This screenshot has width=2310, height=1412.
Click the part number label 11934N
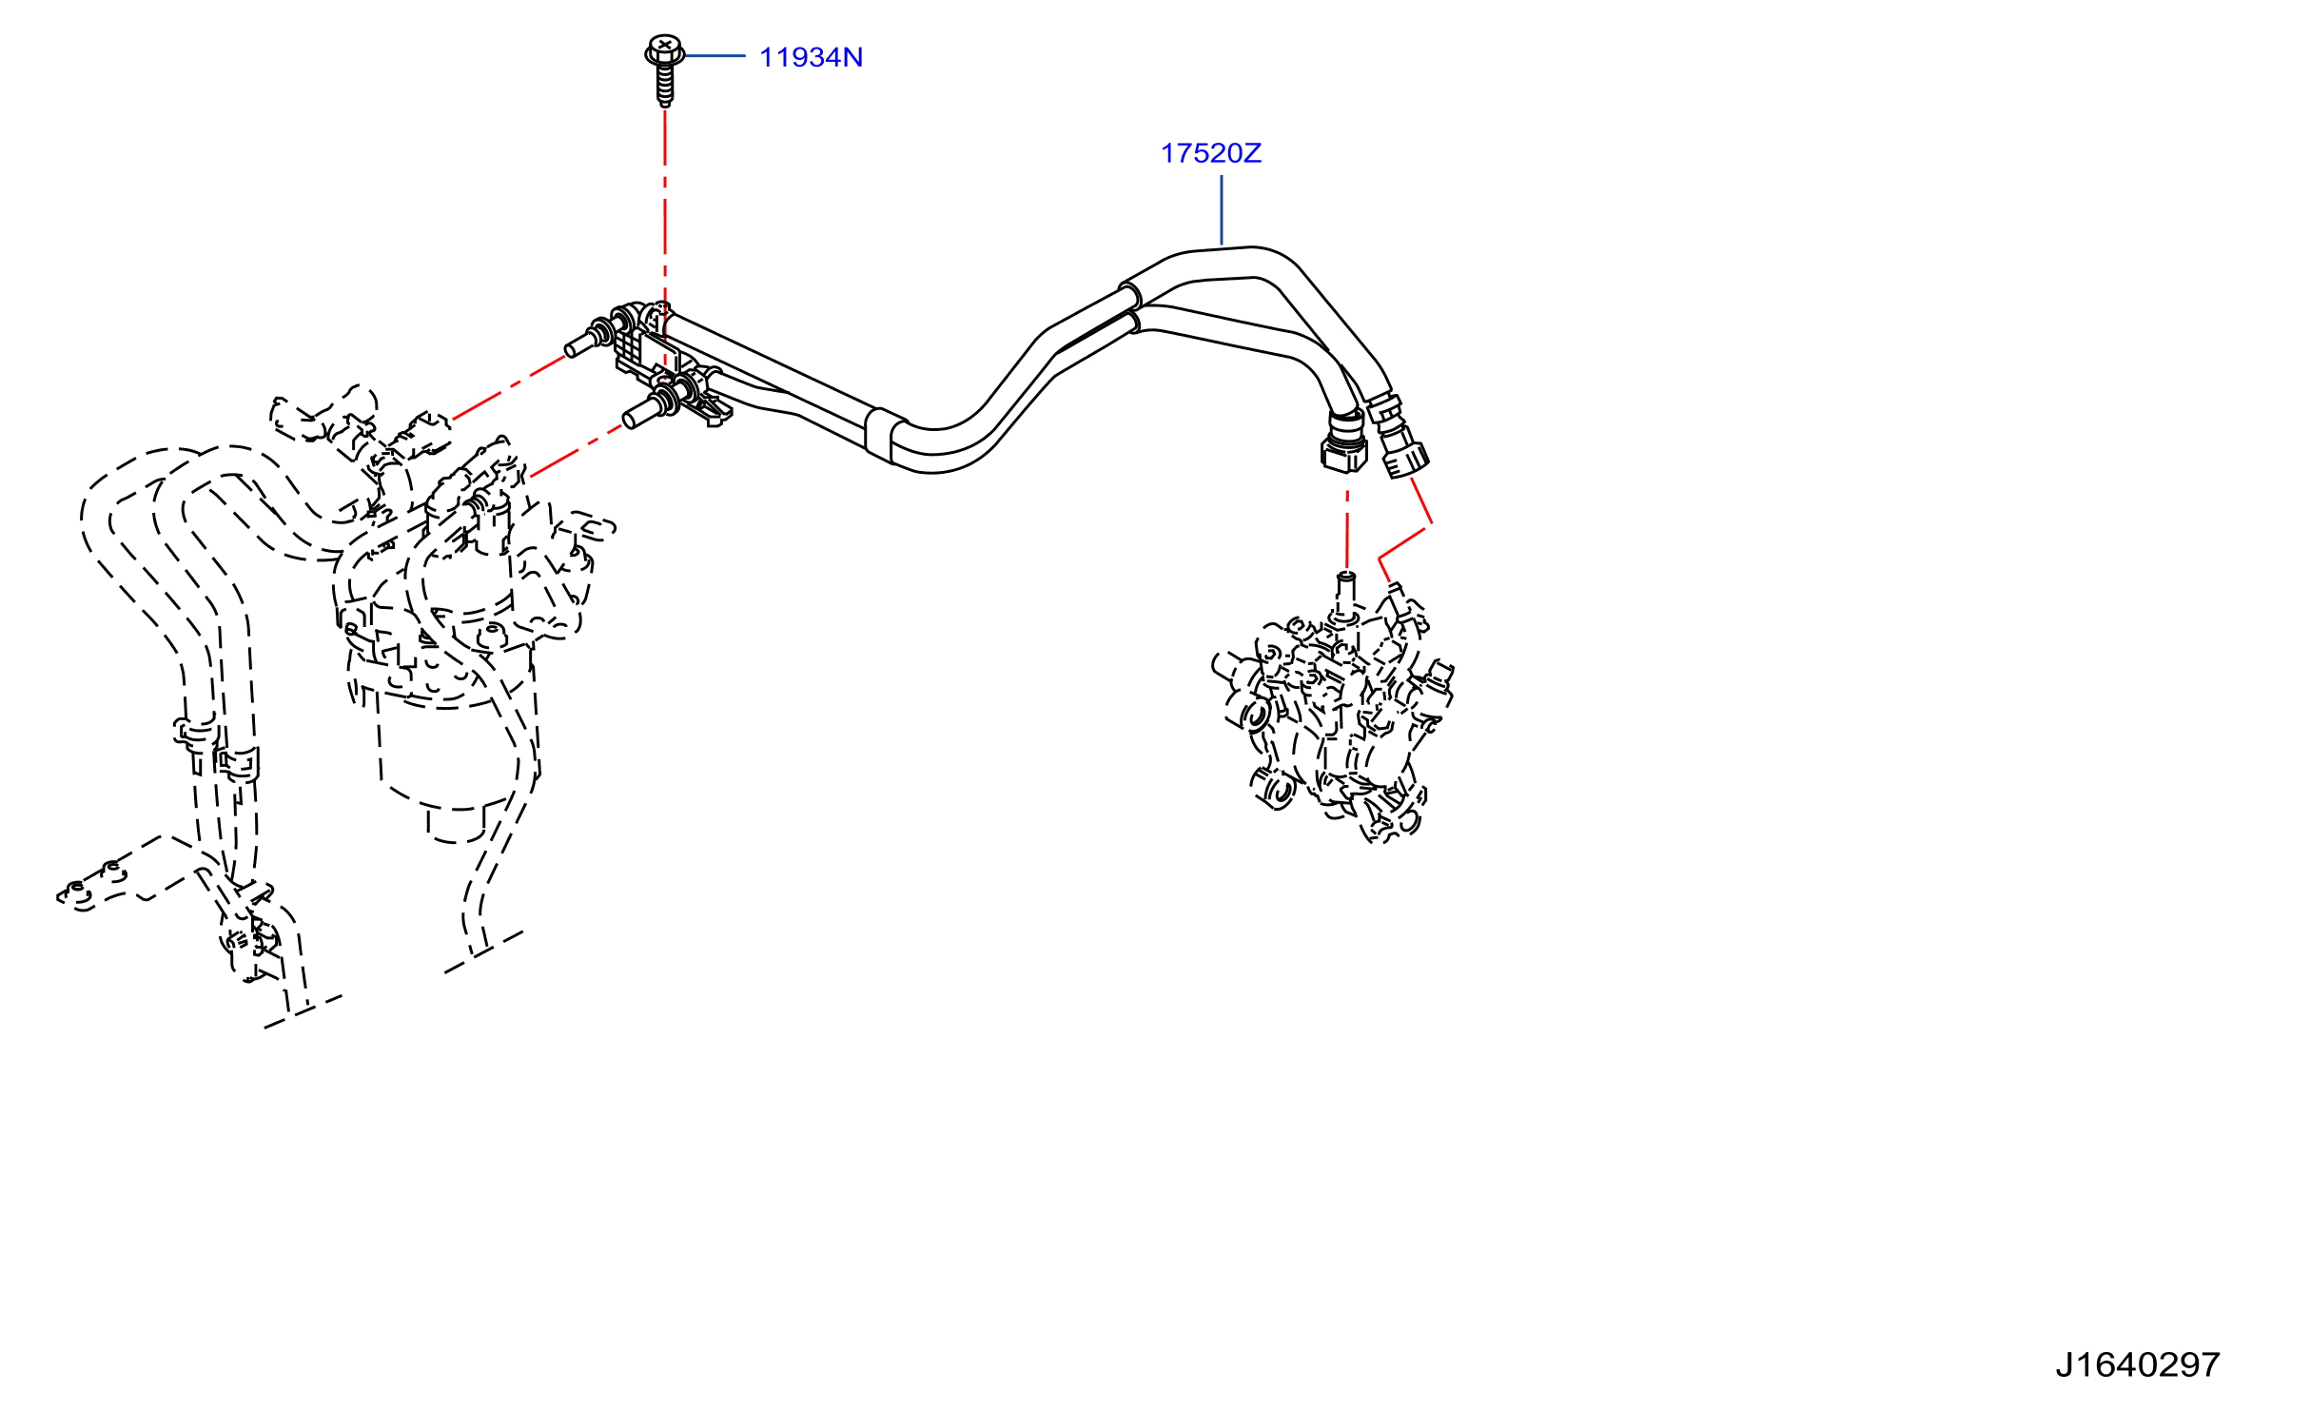pos(811,57)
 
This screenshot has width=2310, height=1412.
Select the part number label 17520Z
pos(1211,153)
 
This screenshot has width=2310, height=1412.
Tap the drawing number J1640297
pos(2137,1365)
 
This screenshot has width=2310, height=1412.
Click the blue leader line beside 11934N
pos(715,56)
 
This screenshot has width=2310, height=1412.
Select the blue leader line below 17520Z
pos(1222,210)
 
